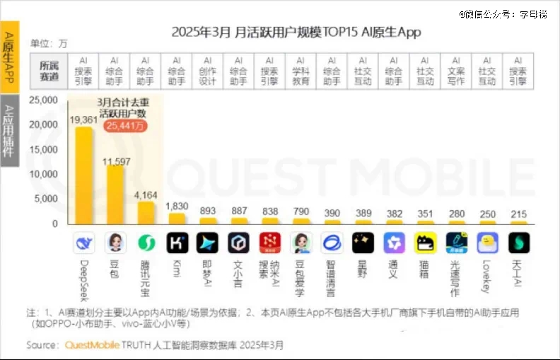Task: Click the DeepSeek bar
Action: pyautogui.click(x=84, y=176)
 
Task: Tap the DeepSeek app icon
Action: pyautogui.click(x=84, y=243)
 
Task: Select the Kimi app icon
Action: pyautogui.click(x=177, y=243)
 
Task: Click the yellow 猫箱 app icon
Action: pyautogui.click(x=425, y=243)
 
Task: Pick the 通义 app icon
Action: pyautogui.click(x=394, y=243)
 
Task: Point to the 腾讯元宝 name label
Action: pyautogui.click(x=146, y=278)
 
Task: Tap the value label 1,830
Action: pyautogui.click(x=177, y=206)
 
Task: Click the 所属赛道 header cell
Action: pyautogui.click(x=50, y=71)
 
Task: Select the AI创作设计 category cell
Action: pyautogui.click(x=208, y=71)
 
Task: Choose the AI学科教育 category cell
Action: pyautogui.click(x=301, y=71)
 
